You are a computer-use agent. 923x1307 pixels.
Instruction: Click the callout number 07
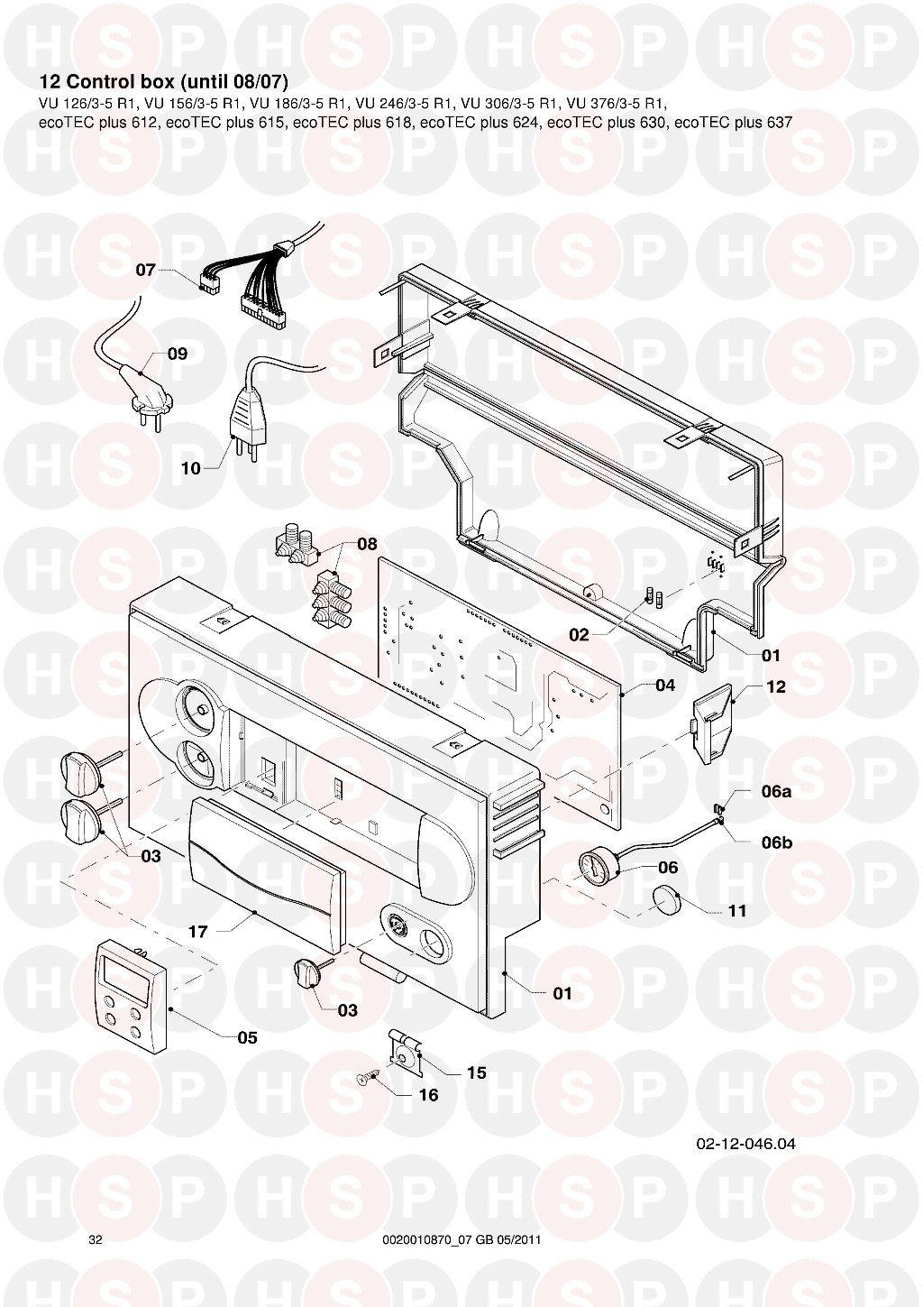145,271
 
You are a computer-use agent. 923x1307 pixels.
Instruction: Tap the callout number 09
178,354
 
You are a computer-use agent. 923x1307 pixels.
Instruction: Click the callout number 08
368,545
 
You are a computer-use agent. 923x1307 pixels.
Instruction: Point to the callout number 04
665,685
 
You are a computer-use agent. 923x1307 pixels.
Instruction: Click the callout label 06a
776,792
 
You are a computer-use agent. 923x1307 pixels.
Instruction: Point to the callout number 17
197,931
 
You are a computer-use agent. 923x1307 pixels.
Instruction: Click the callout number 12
775,686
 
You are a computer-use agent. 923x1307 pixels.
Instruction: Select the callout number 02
579,635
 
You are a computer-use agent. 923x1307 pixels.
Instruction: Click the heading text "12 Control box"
106,82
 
